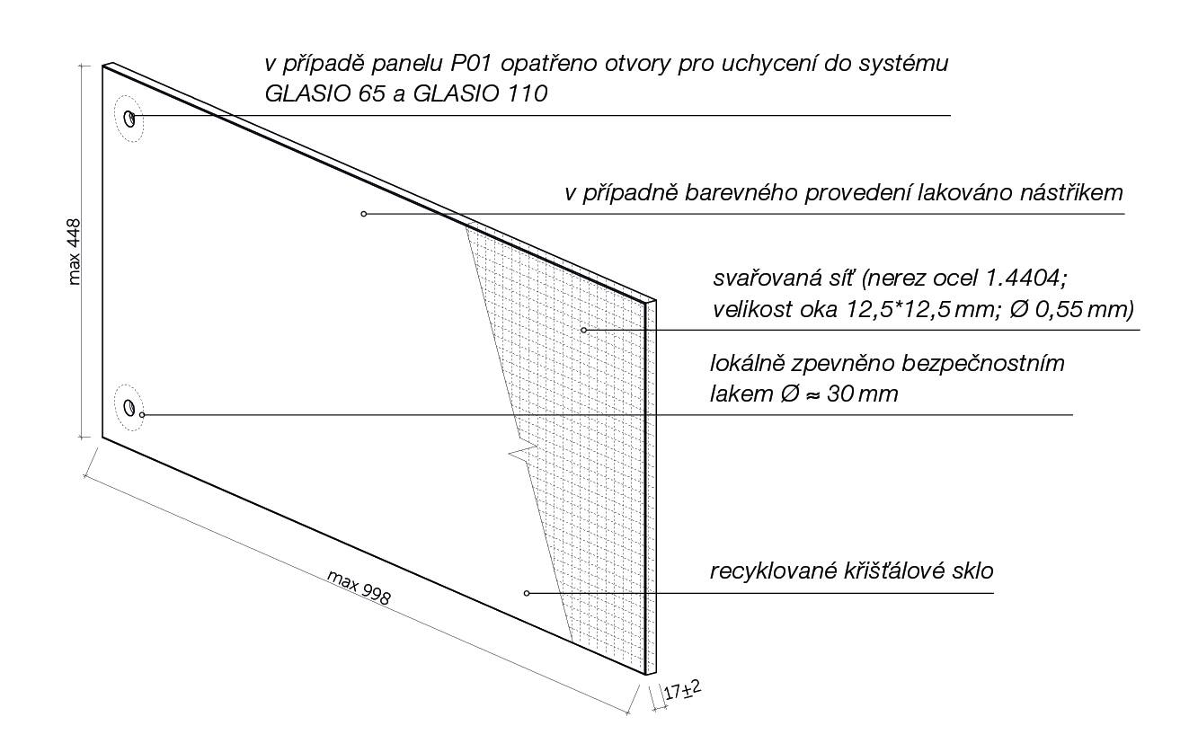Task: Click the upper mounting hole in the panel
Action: (129, 119)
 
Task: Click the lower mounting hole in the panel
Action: (129, 408)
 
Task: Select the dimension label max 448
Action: (75, 252)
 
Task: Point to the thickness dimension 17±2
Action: (682, 690)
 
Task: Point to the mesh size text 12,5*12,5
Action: (893, 310)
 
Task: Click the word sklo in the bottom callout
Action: (973, 571)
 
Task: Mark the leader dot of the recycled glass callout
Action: (527, 593)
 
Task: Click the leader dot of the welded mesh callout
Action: (583, 331)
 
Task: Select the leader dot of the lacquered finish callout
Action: (364, 214)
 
